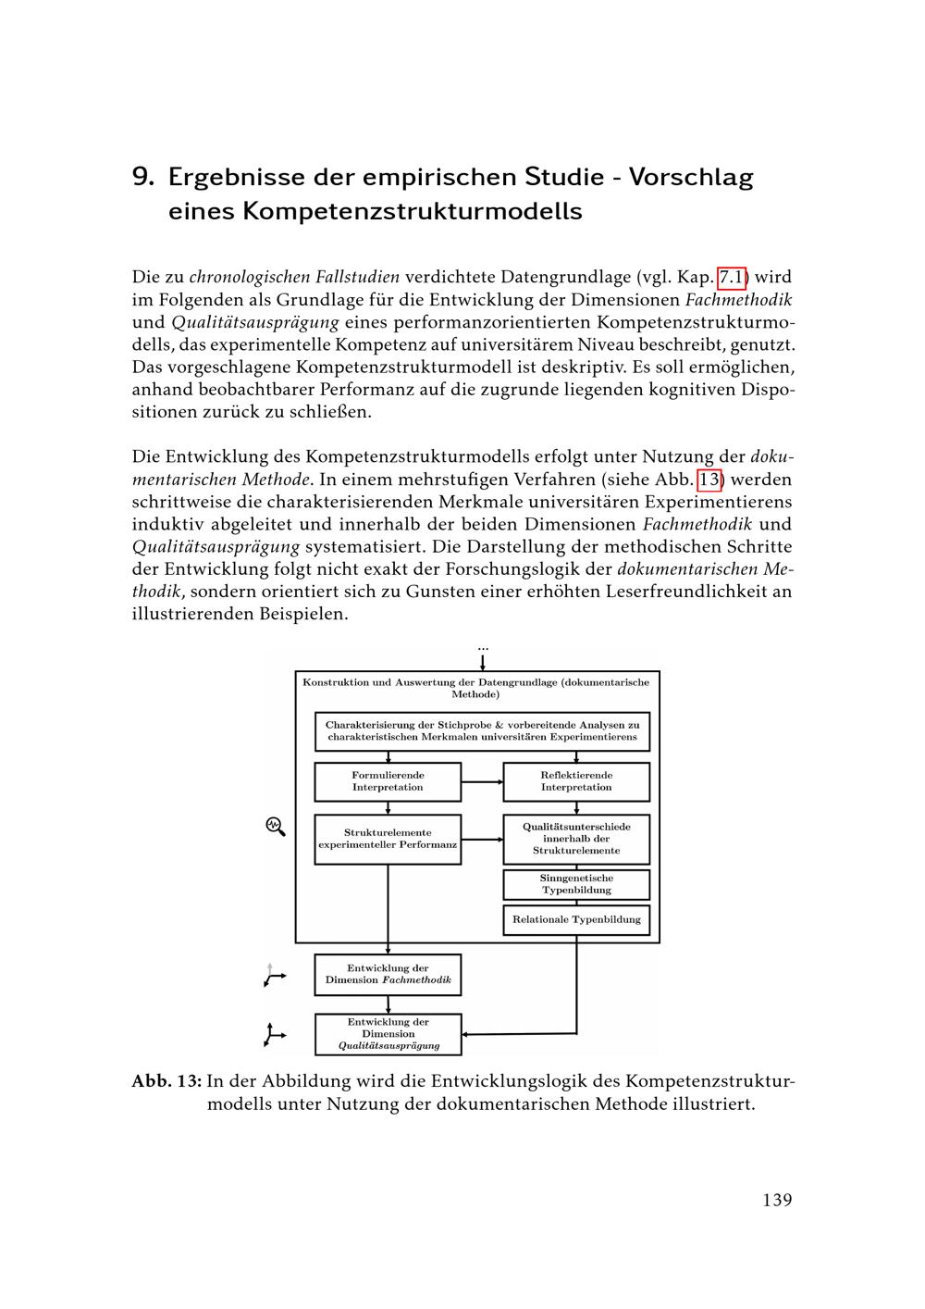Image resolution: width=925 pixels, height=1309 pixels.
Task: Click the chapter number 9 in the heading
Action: (x=142, y=176)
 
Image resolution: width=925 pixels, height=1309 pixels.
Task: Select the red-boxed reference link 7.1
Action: (x=732, y=277)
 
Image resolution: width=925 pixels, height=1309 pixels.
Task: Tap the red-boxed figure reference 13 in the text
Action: (x=709, y=480)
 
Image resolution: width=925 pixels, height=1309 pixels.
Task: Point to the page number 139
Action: (x=777, y=1200)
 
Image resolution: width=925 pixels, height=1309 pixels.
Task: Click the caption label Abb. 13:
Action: (x=166, y=1081)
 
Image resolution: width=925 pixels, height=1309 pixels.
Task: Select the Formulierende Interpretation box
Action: (x=388, y=781)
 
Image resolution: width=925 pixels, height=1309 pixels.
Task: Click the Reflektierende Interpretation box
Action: (x=576, y=781)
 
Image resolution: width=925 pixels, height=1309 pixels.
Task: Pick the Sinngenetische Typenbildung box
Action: (x=576, y=884)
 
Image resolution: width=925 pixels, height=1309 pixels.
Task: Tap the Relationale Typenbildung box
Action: (x=576, y=920)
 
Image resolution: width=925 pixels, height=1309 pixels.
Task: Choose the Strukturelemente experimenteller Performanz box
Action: (x=388, y=839)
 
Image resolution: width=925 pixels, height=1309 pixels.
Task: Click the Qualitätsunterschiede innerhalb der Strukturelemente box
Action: (x=576, y=839)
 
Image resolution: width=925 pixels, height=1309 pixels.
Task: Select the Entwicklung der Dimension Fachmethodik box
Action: (x=388, y=974)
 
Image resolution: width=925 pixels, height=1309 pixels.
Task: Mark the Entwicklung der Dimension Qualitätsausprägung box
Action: (x=388, y=1034)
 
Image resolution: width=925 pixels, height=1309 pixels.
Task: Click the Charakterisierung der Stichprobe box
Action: (x=482, y=730)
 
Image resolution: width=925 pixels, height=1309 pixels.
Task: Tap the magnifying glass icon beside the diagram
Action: (x=276, y=826)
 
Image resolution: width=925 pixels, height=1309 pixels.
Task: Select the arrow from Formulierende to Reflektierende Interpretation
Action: (x=482, y=781)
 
